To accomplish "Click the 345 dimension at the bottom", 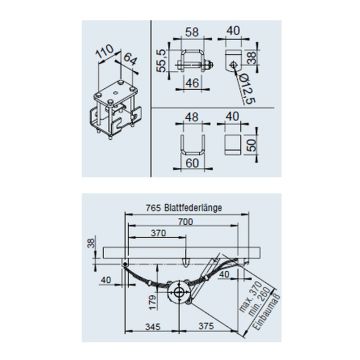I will (x=151, y=326).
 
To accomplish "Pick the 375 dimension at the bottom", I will (x=205, y=326).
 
